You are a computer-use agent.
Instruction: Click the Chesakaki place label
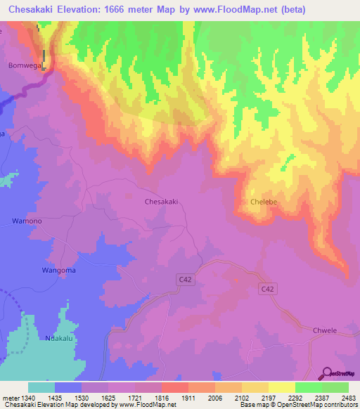point(161,201)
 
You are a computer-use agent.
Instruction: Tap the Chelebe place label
point(264,202)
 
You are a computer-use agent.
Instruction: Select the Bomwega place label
point(20,65)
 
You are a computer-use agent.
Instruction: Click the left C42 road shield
point(184,280)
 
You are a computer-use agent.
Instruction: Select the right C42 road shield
point(266,289)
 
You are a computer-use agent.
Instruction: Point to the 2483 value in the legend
point(349,397)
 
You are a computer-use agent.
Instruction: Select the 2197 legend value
point(268,397)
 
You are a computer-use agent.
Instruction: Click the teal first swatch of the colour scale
point(41,387)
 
